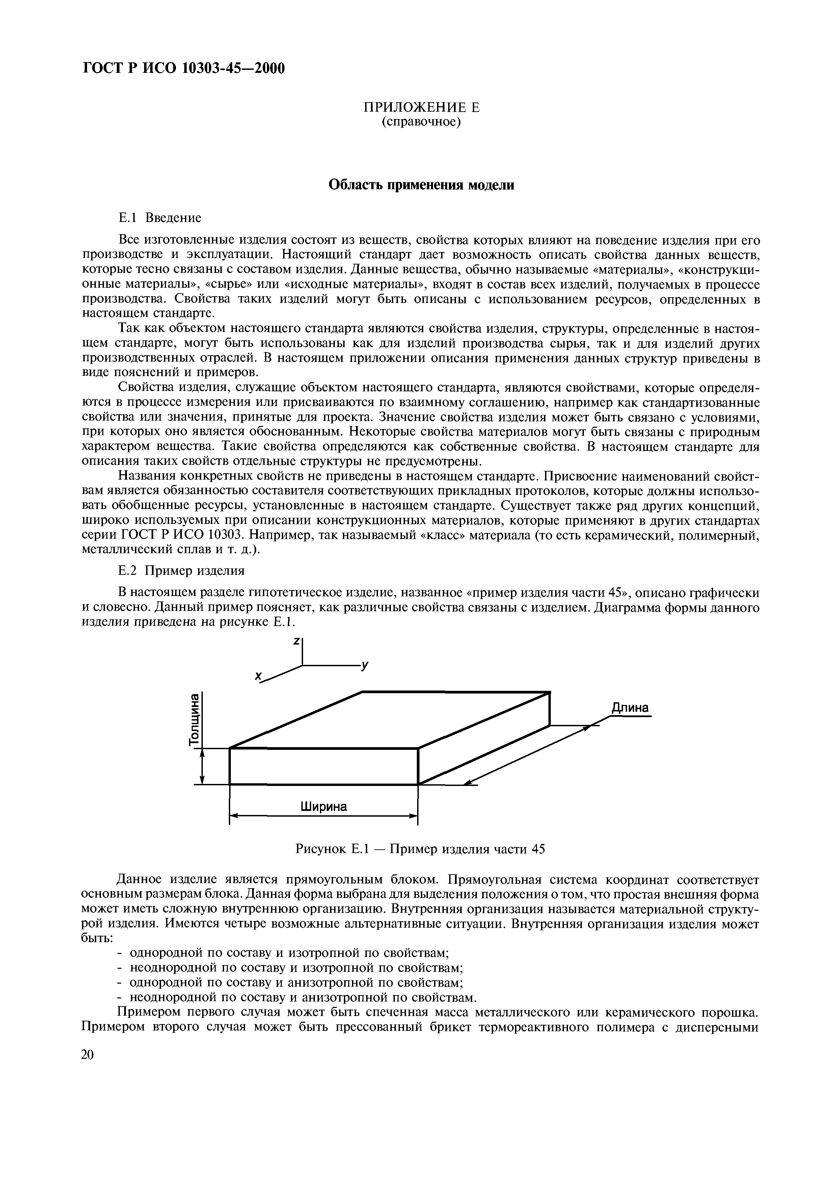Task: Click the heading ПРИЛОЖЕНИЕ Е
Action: [x=421, y=107]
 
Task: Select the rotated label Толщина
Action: [x=194, y=719]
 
